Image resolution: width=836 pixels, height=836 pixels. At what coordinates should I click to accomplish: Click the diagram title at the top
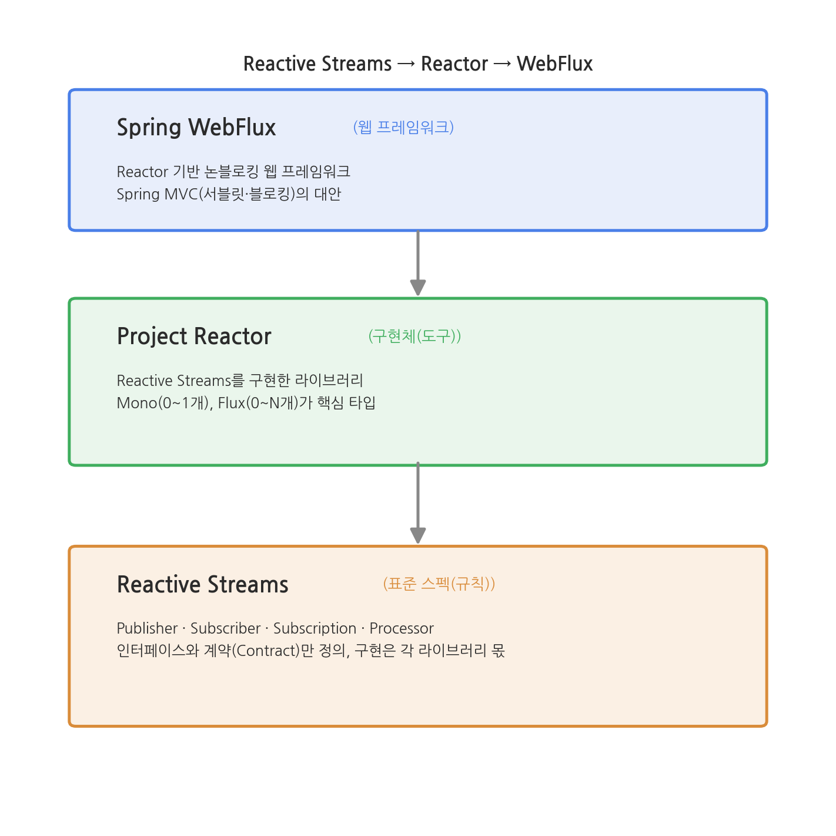(417, 64)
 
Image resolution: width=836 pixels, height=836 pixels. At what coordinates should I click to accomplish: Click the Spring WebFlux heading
(196, 128)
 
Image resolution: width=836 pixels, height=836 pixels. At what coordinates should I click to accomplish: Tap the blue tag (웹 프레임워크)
(403, 127)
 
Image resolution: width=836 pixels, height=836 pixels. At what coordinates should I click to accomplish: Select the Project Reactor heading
(194, 336)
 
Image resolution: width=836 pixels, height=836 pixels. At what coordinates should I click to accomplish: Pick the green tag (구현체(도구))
(414, 336)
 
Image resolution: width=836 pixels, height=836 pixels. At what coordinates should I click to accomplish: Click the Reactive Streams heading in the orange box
(203, 584)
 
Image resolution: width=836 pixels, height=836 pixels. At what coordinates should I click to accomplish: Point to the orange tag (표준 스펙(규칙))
(439, 583)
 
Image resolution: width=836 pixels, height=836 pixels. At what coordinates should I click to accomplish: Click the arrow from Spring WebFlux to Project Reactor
(418, 263)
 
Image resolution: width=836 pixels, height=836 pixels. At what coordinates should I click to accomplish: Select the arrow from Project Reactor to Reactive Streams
(418, 502)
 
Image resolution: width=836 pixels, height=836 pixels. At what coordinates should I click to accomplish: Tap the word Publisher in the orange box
(147, 628)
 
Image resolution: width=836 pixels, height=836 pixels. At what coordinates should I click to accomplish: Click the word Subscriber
(226, 628)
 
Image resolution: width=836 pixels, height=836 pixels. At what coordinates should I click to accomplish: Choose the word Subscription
(315, 628)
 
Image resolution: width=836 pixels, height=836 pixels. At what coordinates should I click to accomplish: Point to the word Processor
(402, 628)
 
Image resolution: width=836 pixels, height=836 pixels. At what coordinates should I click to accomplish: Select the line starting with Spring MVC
(229, 194)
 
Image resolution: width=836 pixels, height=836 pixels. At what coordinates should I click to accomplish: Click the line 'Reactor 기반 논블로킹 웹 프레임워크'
(233, 172)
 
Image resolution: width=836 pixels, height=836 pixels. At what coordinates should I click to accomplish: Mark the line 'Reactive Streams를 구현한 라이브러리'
(240, 381)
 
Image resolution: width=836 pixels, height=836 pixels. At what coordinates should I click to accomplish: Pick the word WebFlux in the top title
(554, 64)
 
